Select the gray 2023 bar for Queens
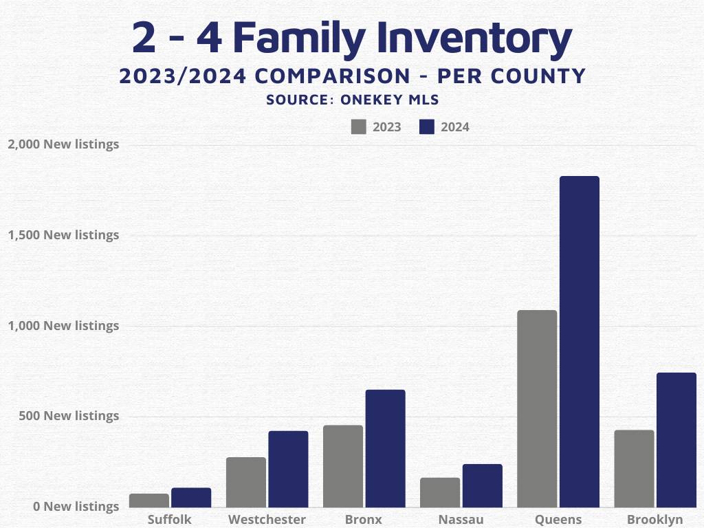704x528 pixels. click(x=537, y=409)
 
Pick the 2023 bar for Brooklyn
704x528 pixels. click(x=634, y=469)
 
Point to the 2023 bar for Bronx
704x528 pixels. click(x=343, y=466)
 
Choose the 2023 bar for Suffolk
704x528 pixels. click(x=149, y=500)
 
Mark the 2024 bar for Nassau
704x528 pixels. click(x=482, y=486)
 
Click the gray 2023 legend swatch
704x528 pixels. click(x=358, y=127)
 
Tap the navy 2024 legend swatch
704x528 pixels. click(x=427, y=127)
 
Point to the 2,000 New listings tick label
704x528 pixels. click(x=63, y=144)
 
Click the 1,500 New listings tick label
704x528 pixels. click(x=63, y=235)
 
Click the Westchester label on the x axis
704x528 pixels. click(x=267, y=519)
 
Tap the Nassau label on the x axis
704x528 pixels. click(x=461, y=519)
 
